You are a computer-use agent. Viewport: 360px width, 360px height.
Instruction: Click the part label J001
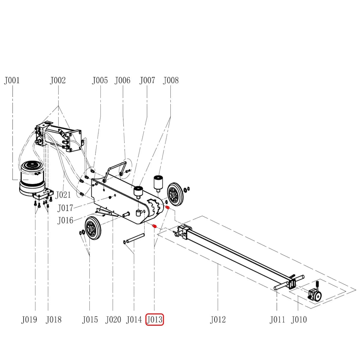coord(12,80)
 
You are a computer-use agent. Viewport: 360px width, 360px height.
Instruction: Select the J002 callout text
coord(58,80)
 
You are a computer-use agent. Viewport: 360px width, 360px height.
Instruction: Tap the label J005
coord(100,80)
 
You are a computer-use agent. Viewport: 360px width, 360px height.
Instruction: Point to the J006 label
coord(122,80)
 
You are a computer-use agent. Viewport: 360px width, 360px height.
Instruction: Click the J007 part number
coord(147,80)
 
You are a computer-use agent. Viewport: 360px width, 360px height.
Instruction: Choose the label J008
coord(171,80)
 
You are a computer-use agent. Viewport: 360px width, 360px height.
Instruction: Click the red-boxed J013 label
coord(155,319)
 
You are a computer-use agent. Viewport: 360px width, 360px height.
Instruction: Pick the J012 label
coord(218,319)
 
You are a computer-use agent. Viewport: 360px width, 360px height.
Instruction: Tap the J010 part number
coord(299,319)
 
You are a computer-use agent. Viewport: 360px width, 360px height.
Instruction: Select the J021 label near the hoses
coord(63,195)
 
